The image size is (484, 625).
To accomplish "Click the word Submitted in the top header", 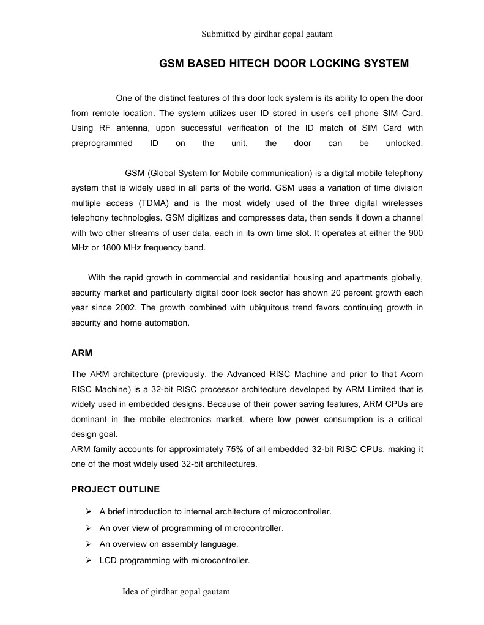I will coord(220,34).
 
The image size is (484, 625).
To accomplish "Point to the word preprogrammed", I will coord(102,144).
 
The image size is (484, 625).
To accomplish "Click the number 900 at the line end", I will coord(415,233).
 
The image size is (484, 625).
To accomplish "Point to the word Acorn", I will coord(410,374).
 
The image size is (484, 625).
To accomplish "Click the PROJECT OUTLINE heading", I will coord(115,489).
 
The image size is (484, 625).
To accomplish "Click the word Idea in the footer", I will coord(132,591).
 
